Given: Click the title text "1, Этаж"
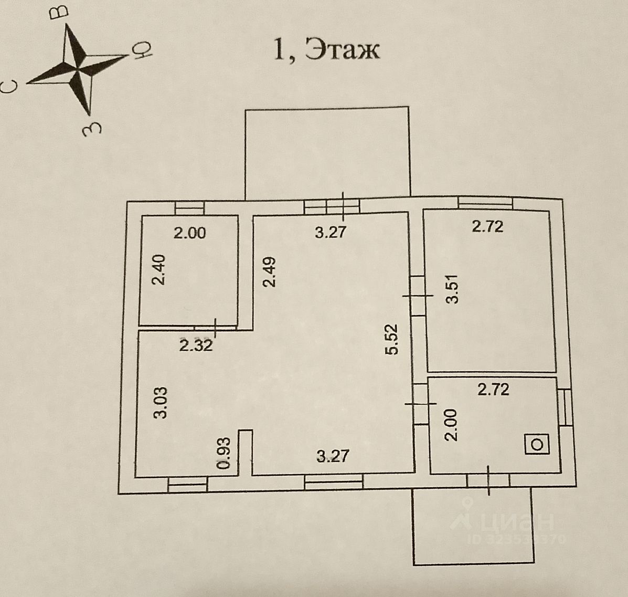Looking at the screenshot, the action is tap(326, 50).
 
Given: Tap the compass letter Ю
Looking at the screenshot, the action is tap(142, 51).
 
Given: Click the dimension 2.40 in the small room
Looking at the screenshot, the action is tap(158, 269).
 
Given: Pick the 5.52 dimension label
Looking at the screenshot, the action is tap(392, 340).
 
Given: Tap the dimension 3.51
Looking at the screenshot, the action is tap(452, 289).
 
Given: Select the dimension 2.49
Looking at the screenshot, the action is tap(269, 271).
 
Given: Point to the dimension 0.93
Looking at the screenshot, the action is tap(224, 453).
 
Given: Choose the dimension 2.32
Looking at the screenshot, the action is tap(196, 345).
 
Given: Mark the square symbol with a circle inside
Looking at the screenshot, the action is tap(537, 444).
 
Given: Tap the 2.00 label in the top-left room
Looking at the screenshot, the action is tap(189, 233).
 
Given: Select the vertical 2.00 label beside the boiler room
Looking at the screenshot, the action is tap(451, 425).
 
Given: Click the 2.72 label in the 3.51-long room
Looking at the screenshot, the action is tap(487, 226).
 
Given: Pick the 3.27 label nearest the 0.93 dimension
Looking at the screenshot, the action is tap(333, 455).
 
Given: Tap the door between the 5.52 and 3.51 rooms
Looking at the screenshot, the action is tap(418, 296).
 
